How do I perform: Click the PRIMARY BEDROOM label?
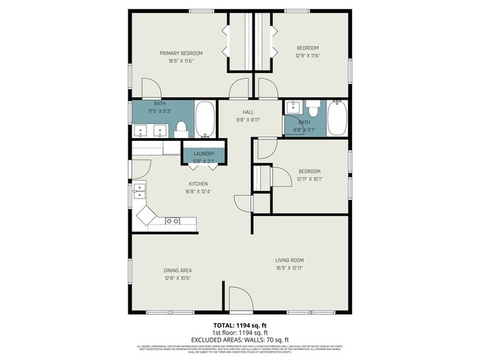click(182, 53)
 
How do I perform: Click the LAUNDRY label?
click(204, 153)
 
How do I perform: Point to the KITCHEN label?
click(198, 184)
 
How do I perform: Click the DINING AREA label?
click(178, 270)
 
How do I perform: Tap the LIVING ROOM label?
click(289, 260)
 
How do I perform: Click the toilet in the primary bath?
click(182, 128)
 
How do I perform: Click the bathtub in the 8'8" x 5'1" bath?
click(337, 119)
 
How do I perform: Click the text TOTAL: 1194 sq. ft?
click(239, 325)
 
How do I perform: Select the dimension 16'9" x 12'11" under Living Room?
click(289, 269)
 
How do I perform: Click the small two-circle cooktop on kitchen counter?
click(173, 221)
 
